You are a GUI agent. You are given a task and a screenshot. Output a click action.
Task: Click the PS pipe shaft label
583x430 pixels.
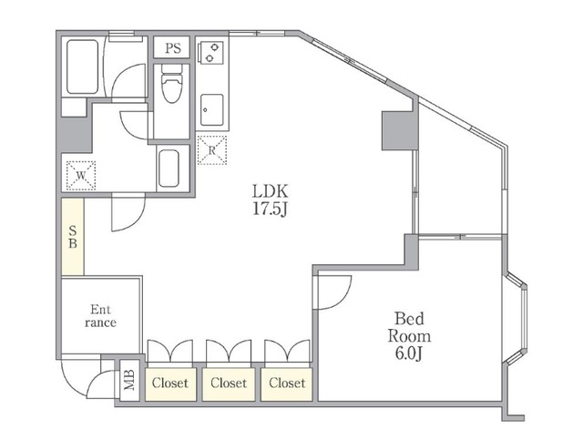[x=173, y=48]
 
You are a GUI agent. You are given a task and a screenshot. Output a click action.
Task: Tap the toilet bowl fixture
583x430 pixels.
[x=171, y=83]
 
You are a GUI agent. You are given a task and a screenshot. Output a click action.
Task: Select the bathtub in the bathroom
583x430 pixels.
[x=83, y=67]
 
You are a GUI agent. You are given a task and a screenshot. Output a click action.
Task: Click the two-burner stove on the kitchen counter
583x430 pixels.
[x=210, y=53]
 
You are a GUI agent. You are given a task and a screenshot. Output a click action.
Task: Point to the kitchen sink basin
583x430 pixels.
[x=212, y=109]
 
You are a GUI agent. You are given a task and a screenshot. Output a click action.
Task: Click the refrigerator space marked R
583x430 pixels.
[x=212, y=150]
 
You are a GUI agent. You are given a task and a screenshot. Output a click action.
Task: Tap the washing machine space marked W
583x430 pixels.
[x=81, y=176]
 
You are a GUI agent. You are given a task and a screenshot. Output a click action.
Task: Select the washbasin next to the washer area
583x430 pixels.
[x=169, y=169]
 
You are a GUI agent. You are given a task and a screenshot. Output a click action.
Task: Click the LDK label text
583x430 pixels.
[x=270, y=191]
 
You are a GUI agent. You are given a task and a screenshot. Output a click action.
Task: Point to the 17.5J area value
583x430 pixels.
[x=270, y=209]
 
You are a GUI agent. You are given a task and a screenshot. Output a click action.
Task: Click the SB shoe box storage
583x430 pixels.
[x=73, y=237]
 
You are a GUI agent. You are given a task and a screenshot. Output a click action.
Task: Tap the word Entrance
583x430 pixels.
[x=100, y=316]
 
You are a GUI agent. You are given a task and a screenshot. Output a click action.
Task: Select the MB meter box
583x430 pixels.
[x=129, y=380]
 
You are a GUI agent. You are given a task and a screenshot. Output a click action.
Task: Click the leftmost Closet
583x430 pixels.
[x=170, y=384]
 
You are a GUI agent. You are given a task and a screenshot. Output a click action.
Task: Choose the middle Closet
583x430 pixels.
[x=229, y=384]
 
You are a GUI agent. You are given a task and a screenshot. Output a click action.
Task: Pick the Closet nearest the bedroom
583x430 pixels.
[x=287, y=384]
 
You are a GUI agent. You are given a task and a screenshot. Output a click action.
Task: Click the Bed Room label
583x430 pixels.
[x=409, y=327]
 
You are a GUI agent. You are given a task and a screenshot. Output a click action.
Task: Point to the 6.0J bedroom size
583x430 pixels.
[x=409, y=353]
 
